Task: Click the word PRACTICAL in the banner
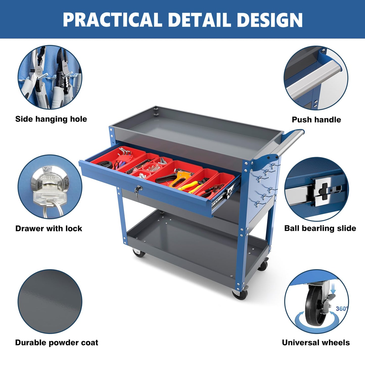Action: tap(112, 20)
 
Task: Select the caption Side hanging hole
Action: tap(51, 119)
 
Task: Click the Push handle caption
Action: tap(316, 120)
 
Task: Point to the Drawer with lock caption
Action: tap(49, 228)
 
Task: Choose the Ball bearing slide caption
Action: tap(320, 228)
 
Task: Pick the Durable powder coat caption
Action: tap(57, 343)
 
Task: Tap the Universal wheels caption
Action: tap(316, 343)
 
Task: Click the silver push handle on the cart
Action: tap(284, 144)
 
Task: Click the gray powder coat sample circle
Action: tap(50, 301)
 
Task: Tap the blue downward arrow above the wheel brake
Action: tap(334, 290)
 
